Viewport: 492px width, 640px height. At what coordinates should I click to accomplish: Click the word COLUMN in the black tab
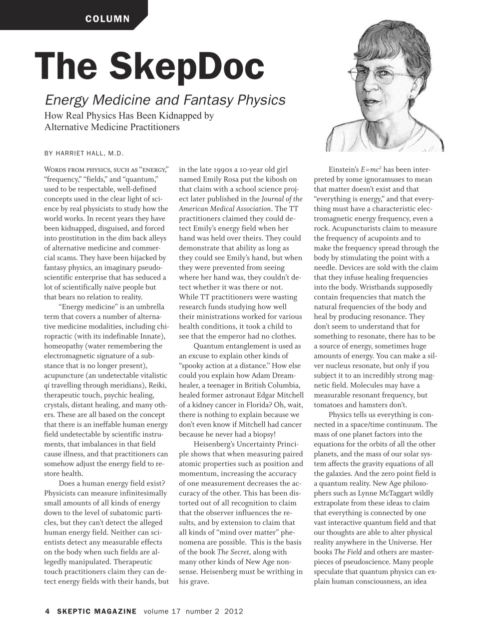point(107,19)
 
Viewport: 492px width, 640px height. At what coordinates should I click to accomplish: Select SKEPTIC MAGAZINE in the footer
point(96,611)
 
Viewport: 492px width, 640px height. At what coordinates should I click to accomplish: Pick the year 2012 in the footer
point(233,611)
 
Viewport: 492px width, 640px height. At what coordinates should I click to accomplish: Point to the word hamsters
point(368,404)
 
